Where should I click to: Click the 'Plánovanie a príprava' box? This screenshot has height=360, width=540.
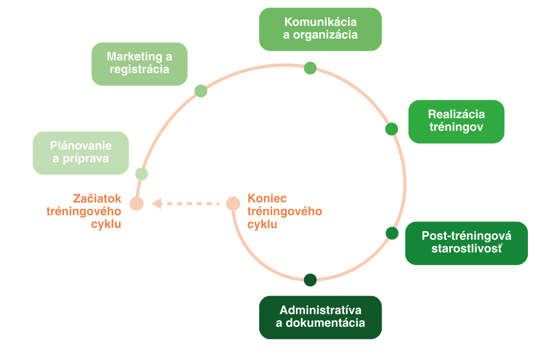[x=81, y=153]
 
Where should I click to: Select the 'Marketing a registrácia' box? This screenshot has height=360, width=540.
[x=139, y=64]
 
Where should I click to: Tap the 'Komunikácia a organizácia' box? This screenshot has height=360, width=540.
[x=320, y=29]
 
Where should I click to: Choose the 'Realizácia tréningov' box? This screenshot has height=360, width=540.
[x=456, y=121]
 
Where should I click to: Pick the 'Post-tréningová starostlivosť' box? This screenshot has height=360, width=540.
[x=466, y=243]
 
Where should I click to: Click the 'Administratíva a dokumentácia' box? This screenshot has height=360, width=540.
[x=320, y=317]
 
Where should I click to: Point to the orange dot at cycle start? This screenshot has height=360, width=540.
[x=136, y=203]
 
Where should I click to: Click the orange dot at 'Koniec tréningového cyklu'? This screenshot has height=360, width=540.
[x=233, y=203]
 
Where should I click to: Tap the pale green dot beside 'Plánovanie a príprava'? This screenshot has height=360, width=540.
[x=141, y=174]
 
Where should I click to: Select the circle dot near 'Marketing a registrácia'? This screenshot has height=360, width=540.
[x=201, y=91]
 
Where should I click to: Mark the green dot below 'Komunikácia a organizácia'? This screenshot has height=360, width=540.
[x=310, y=68]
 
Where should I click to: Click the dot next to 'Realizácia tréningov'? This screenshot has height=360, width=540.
[x=391, y=129]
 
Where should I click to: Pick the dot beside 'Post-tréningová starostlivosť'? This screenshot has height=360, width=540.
[x=391, y=233]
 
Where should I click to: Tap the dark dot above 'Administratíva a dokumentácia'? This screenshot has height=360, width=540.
[x=310, y=279]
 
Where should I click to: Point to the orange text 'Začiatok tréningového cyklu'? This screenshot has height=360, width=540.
[x=85, y=211]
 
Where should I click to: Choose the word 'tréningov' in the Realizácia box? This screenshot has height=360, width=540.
[x=456, y=127]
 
